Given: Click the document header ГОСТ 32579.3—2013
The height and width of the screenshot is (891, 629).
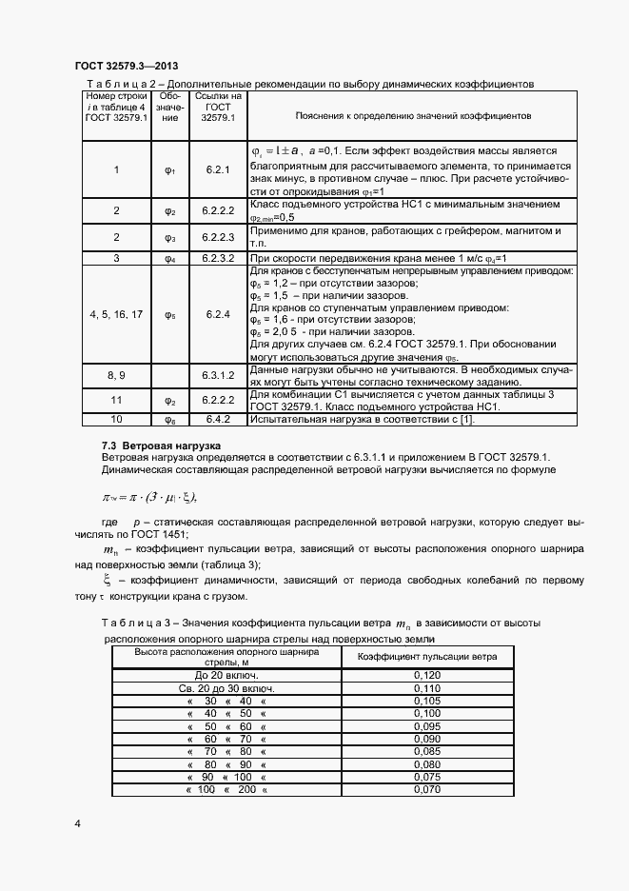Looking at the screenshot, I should click(x=125, y=65).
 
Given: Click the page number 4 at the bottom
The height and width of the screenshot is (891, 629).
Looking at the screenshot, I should click(x=77, y=822).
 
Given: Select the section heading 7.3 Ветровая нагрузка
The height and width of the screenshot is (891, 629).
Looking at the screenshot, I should click(x=161, y=445).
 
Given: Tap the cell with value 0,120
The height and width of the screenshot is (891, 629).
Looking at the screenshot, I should click(x=427, y=676).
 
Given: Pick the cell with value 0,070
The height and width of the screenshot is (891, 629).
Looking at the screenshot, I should click(x=427, y=789).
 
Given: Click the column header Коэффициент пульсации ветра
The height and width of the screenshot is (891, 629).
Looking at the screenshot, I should click(x=427, y=658).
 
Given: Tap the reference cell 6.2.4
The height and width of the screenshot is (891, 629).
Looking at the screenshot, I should click(x=218, y=314).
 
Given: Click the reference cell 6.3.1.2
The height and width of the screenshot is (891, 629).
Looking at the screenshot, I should click(x=218, y=375).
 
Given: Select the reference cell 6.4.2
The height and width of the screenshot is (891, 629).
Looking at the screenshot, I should click(x=218, y=418).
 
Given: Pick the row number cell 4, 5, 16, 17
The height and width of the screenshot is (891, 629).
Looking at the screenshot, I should click(x=116, y=314).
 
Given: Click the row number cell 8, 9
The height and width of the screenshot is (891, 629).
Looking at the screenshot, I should click(x=116, y=375).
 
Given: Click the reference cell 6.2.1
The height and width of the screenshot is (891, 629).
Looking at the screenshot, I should click(x=218, y=169).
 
